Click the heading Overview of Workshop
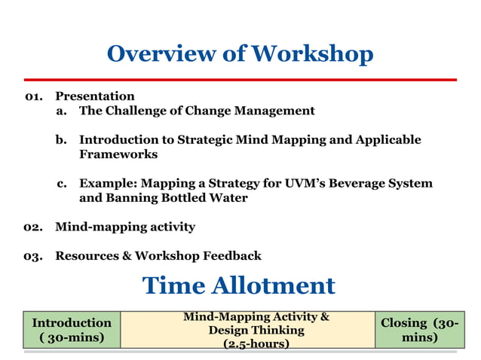(x=240, y=54)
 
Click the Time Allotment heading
(x=238, y=285)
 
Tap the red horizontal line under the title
(x=240, y=79)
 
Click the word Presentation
(x=95, y=96)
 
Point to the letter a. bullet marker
(x=62, y=111)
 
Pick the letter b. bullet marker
(x=62, y=140)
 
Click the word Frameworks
(x=118, y=154)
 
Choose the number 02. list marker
(x=33, y=227)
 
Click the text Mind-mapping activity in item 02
(x=125, y=227)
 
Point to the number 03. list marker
(x=33, y=256)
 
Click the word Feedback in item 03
(x=231, y=256)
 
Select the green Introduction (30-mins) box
(x=72, y=330)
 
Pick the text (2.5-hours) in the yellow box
(x=256, y=343)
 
